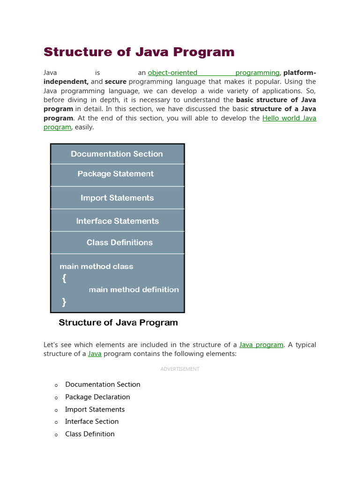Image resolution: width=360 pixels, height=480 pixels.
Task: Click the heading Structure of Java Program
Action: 139,52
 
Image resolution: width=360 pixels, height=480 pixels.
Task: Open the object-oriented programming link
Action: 213,73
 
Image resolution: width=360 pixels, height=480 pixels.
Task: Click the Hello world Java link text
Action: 289,118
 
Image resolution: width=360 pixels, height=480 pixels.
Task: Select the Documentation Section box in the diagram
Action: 117,154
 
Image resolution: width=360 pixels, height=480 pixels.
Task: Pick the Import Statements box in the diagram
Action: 117,198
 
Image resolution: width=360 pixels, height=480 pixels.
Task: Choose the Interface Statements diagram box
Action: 117,221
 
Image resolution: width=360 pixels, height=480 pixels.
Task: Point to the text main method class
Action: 96,266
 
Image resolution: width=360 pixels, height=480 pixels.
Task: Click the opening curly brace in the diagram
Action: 64,278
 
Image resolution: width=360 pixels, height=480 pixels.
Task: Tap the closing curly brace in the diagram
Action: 64,302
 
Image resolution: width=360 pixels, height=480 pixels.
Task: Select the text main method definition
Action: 134,290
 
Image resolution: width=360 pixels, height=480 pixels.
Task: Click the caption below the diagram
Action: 118,322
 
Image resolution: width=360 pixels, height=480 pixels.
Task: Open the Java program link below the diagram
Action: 261,345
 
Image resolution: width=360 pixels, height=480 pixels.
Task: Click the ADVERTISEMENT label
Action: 180,369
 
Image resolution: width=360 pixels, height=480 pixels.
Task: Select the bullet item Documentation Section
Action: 103,384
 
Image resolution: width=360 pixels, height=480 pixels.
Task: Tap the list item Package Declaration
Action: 97,397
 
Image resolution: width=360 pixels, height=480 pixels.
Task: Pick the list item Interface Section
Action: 92,421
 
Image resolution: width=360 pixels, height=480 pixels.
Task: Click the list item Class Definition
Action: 90,434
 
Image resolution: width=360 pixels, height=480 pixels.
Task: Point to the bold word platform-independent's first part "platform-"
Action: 300,73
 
